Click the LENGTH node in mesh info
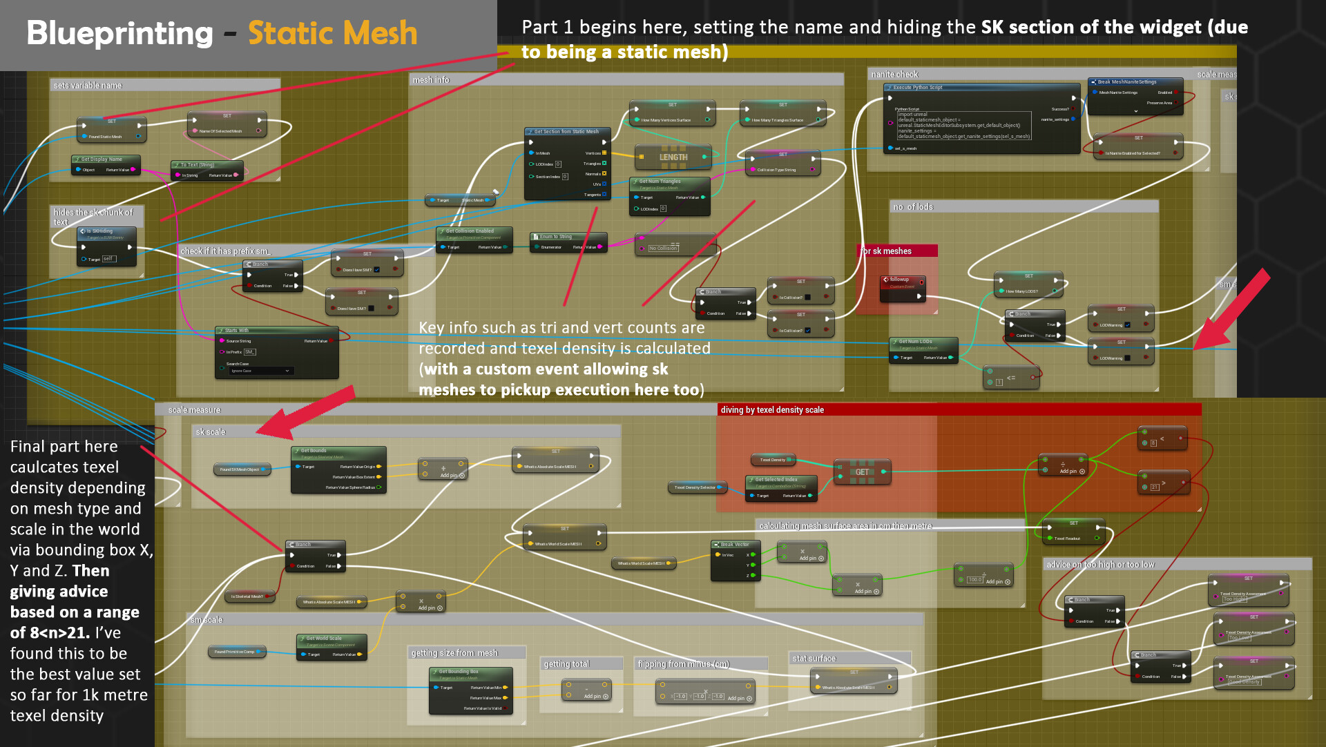click(x=673, y=157)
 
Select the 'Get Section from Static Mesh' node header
click(x=566, y=131)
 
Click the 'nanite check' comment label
click(x=894, y=75)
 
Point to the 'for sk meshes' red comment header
click(x=887, y=251)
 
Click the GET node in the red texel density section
click(x=862, y=472)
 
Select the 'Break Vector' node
click(x=735, y=545)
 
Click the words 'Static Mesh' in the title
click(x=333, y=33)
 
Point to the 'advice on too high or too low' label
click(x=1099, y=565)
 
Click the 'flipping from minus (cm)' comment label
click(x=683, y=664)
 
